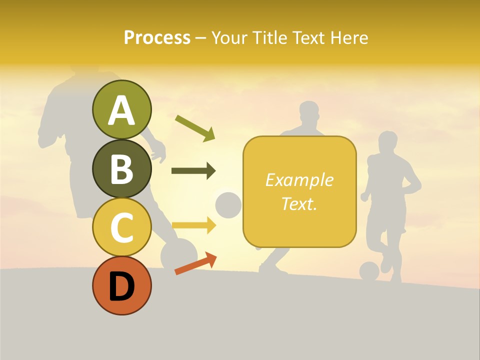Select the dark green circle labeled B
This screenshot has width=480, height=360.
click(121, 168)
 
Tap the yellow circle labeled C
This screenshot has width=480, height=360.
click(121, 227)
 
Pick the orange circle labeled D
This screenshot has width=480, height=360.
click(121, 285)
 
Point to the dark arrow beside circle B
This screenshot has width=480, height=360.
click(193, 171)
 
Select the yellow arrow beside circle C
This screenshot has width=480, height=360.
click(193, 225)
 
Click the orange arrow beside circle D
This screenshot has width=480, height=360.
click(195, 263)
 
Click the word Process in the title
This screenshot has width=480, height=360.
click(157, 37)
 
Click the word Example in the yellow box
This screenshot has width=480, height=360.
click(299, 180)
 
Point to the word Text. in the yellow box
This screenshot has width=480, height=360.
click(299, 203)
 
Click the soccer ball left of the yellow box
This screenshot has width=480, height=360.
click(228, 205)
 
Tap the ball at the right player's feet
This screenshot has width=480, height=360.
click(369, 271)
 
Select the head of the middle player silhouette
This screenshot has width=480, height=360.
click(309, 113)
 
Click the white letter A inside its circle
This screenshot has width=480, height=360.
click(121, 110)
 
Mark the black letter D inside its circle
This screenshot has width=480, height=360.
click(121, 286)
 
